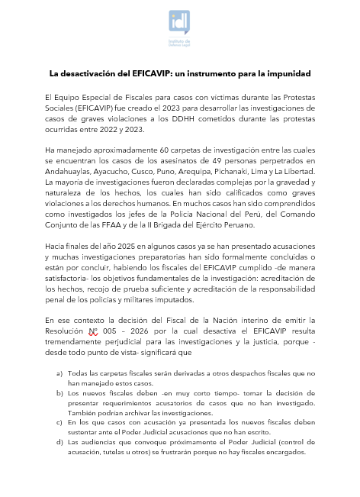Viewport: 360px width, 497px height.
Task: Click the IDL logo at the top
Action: [x=180, y=28]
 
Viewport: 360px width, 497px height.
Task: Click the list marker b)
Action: [x=60, y=392]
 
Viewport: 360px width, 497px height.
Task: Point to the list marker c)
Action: [x=60, y=421]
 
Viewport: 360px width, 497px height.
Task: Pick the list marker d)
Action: [x=60, y=441]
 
